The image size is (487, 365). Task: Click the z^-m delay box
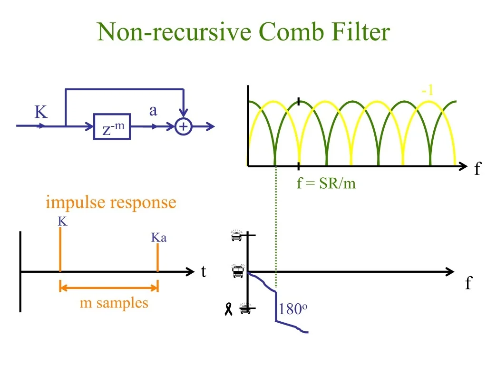[x=112, y=127]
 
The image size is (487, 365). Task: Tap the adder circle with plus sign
[x=183, y=127]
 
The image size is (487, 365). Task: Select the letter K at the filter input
[x=41, y=113]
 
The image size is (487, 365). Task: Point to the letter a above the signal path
[x=153, y=111]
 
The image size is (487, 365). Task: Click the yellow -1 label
[x=427, y=90]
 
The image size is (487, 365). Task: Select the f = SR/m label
[x=326, y=183]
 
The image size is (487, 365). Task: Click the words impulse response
[x=111, y=202]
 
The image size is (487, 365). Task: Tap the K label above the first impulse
[x=62, y=221]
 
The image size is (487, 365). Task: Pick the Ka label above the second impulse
[x=159, y=238]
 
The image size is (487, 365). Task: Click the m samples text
[x=114, y=303]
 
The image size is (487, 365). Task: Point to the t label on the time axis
[x=204, y=272]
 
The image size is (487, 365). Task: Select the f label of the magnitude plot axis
[x=477, y=169]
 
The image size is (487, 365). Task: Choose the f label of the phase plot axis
[x=468, y=284]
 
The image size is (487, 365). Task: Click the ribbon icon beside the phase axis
[x=228, y=310]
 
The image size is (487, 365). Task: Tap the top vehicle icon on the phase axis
[x=236, y=235]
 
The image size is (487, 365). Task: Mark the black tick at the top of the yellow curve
[x=298, y=101]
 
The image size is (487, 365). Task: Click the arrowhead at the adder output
[x=211, y=127]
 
